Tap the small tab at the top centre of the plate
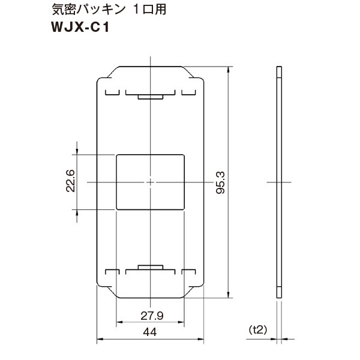pos(149,96)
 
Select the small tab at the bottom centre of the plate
pos(149,267)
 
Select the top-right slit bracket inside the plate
pos(188,93)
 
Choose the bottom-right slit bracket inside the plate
pos(188,271)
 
